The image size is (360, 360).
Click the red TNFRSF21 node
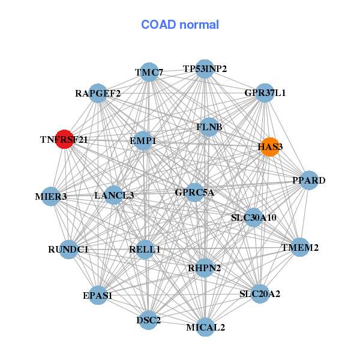[x=64, y=139]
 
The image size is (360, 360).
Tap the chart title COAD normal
[x=180, y=25]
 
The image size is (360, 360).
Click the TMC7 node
[x=149, y=73]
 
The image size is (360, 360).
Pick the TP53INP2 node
[x=205, y=68]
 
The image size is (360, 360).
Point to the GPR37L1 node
[x=265, y=93]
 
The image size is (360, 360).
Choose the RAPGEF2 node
[x=98, y=93]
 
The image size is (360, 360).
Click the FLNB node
[x=209, y=127]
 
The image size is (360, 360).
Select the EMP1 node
[x=143, y=141]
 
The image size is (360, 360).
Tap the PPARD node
[x=308, y=181]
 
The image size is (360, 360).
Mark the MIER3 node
[x=50, y=196]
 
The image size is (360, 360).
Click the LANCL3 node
[x=114, y=195]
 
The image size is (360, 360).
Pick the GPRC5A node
[x=194, y=193]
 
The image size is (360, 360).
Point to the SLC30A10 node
[x=253, y=217]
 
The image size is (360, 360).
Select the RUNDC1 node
[x=68, y=249]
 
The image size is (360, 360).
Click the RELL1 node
[x=145, y=249]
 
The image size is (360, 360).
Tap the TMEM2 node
[x=300, y=247]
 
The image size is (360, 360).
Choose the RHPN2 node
[x=205, y=268]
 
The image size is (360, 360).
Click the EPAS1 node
[x=98, y=295]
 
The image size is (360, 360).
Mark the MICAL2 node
[x=205, y=327]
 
